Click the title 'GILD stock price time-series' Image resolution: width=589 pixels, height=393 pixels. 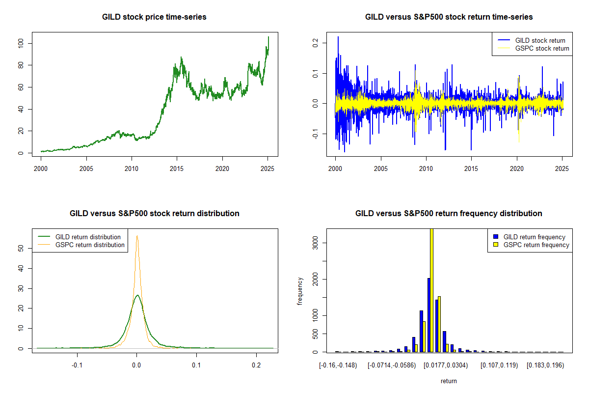154,17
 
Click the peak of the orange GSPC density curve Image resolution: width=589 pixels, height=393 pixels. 137,236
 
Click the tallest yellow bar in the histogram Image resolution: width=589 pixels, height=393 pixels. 431,290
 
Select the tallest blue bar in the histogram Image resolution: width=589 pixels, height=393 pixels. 428,315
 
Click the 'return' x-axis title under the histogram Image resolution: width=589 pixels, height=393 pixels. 449,381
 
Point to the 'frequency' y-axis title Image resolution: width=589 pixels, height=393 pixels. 300,291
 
